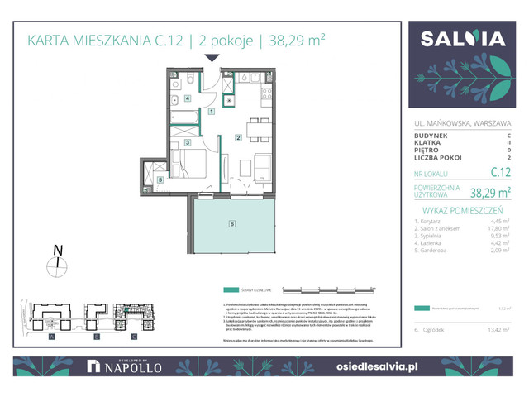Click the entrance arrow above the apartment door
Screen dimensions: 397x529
click(212, 58)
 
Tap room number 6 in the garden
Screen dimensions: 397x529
click(232, 223)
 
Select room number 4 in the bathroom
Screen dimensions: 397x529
click(188, 98)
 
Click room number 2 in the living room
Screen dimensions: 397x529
click(238, 137)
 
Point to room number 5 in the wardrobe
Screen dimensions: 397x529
click(160, 179)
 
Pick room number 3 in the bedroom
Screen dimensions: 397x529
click(188, 143)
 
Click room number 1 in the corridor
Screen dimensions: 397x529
click(212, 111)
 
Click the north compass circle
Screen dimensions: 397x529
click(56, 265)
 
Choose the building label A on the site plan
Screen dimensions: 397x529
click(52, 337)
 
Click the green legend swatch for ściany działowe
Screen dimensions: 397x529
click(230, 290)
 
